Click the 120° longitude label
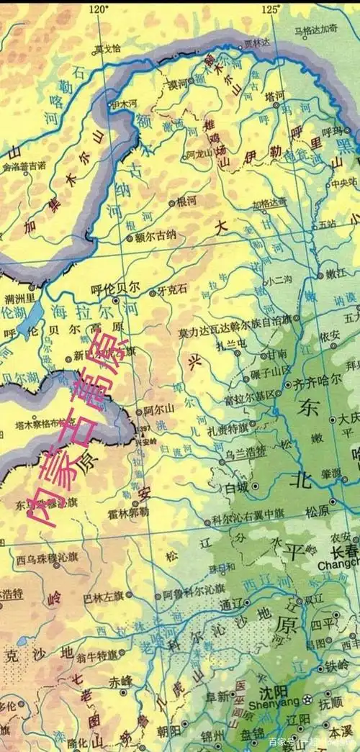point(98,9)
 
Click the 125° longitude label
point(271,9)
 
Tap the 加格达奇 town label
point(270,204)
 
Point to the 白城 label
point(236,488)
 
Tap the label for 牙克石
point(173,289)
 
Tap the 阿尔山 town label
point(159,409)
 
